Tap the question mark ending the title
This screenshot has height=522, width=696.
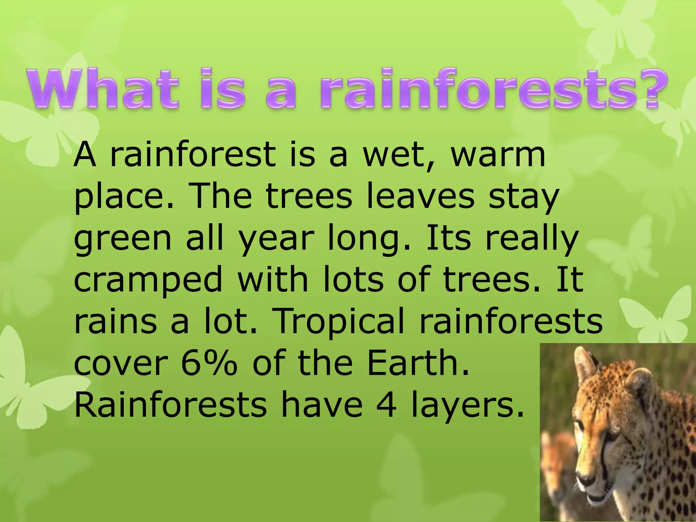point(645,88)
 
